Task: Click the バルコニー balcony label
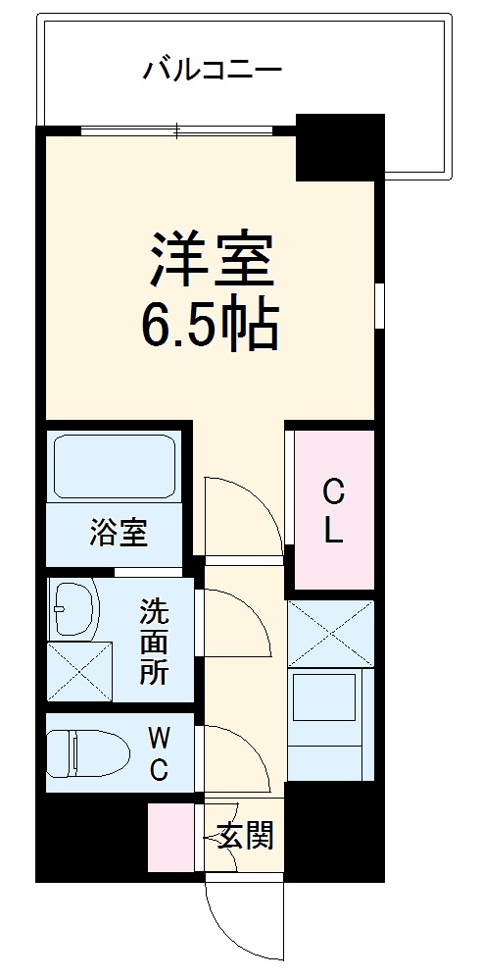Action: click(213, 70)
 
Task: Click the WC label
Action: click(157, 752)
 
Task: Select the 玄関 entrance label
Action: click(245, 837)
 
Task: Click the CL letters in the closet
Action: click(334, 510)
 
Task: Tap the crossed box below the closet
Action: click(331, 633)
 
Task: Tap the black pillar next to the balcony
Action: click(339, 147)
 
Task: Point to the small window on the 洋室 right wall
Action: click(379, 304)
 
